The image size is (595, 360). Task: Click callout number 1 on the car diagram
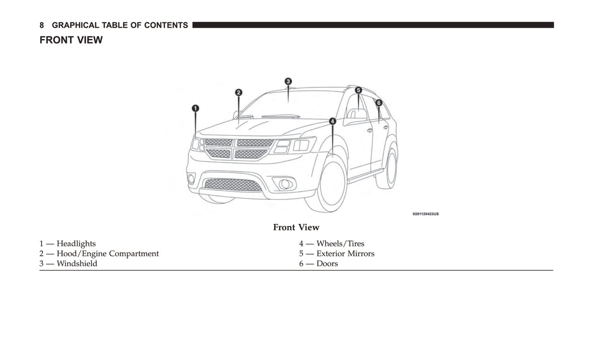pyautogui.click(x=196, y=108)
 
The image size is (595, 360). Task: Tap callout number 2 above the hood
pyautogui.click(x=238, y=93)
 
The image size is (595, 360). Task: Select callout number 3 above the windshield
pyautogui.click(x=288, y=82)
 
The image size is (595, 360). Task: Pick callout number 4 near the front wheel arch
pyautogui.click(x=332, y=121)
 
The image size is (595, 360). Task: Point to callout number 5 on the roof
pyautogui.click(x=358, y=90)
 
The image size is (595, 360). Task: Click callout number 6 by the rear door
pyautogui.click(x=379, y=103)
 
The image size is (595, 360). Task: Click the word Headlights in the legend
pyautogui.click(x=76, y=244)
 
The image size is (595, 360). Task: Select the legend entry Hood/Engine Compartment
pyautogui.click(x=107, y=254)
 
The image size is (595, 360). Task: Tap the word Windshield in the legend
pyautogui.click(x=77, y=264)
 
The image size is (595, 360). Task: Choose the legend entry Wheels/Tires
pyautogui.click(x=340, y=244)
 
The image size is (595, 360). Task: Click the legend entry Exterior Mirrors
pyautogui.click(x=345, y=254)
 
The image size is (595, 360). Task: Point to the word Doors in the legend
pyautogui.click(x=327, y=264)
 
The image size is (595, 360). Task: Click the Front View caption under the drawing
pyautogui.click(x=296, y=227)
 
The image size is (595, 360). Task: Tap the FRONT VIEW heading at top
pyautogui.click(x=71, y=40)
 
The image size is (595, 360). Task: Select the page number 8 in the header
pyautogui.click(x=42, y=26)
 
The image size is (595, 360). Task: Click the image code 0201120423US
pyautogui.click(x=425, y=214)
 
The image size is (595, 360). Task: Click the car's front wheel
pyautogui.click(x=331, y=185)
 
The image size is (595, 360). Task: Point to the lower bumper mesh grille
pyautogui.click(x=233, y=185)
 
